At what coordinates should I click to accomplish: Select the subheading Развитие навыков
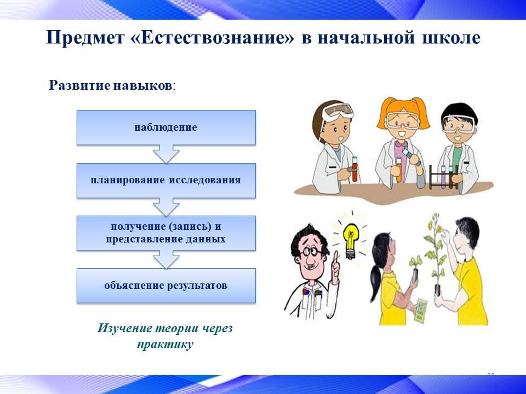point(112,85)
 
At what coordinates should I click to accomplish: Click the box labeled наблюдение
point(166,128)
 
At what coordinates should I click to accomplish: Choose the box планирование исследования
point(166,180)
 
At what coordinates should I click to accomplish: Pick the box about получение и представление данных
point(166,233)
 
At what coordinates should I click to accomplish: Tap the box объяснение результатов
point(166,286)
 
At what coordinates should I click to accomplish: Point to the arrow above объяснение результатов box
point(166,259)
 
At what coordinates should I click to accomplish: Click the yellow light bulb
point(351,241)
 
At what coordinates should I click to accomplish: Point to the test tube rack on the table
point(443,177)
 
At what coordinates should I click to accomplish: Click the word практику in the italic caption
point(165,344)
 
